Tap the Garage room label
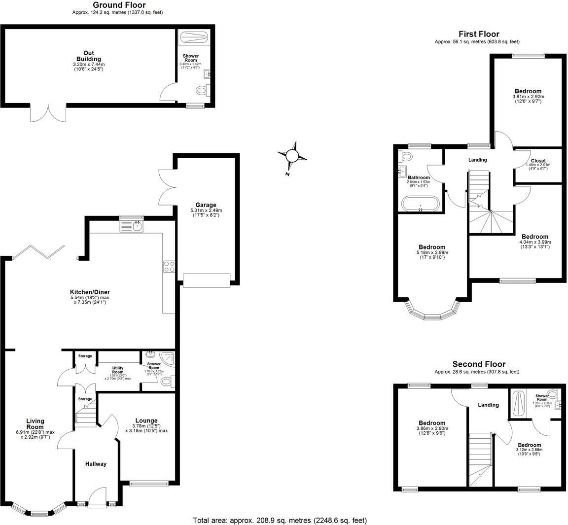[x=206, y=205]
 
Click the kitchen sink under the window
[x=132, y=226]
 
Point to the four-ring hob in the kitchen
[x=169, y=266]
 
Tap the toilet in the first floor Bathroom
[x=407, y=157]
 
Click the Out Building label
[x=89, y=56]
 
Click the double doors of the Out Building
[x=48, y=113]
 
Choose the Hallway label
[x=96, y=464]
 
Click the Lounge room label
[x=145, y=420]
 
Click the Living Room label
[x=35, y=424]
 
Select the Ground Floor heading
[x=119, y=5]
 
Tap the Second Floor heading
[x=477, y=364]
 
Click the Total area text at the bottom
[x=280, y=520]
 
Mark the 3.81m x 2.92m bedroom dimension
[x=528, y=97]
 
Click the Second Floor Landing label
[x=488, y=405]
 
